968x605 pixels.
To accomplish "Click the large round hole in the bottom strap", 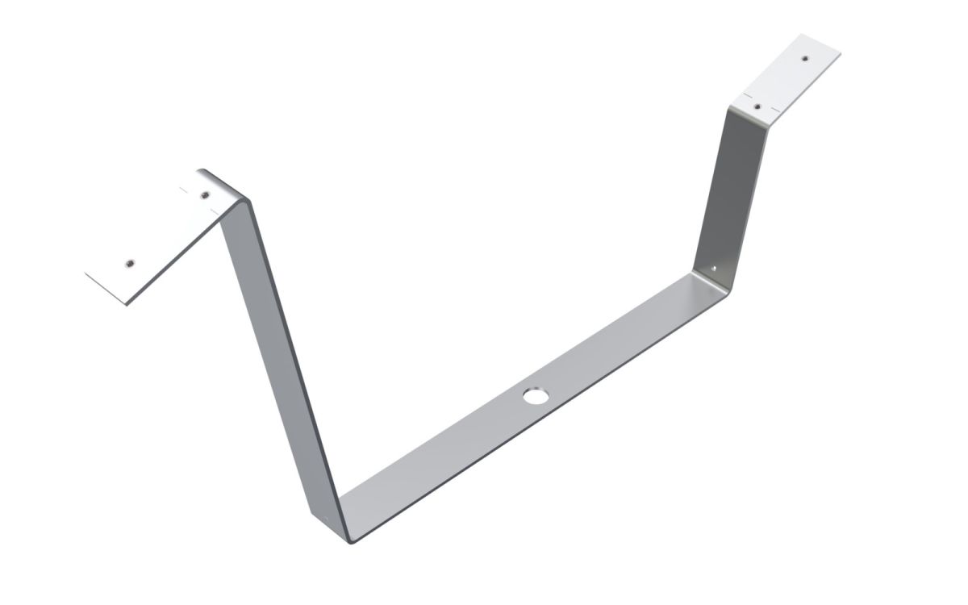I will (x=534, y=396).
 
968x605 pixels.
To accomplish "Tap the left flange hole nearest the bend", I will (x=205, y=194).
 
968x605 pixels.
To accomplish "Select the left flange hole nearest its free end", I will (x=129, y=262).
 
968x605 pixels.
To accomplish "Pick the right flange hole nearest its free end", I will (x=804, y=58).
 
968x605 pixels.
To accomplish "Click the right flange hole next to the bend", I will (x=757, y=105).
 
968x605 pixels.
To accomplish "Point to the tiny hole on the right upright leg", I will (x=712, y=267).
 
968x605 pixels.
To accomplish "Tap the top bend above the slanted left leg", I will (x=234, y=194).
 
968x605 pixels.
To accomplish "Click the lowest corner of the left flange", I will (x=127, y=305).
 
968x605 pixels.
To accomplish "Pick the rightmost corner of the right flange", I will (x=840, y=55).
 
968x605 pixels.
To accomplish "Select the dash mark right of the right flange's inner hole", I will (x=775, y=109).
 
